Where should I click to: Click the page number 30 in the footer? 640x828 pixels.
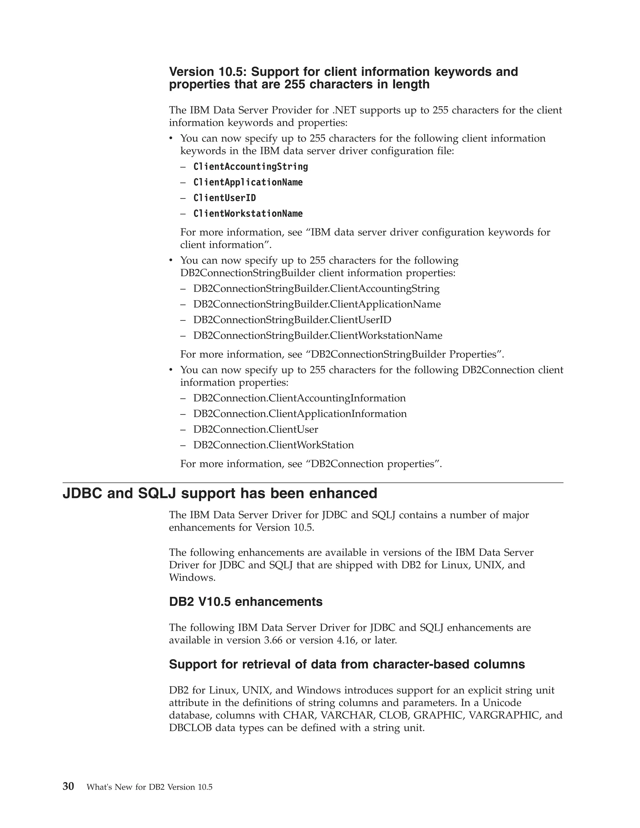coord(68,786)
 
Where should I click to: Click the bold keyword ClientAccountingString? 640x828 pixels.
coord(251,167)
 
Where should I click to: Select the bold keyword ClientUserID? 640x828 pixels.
coord(224,198)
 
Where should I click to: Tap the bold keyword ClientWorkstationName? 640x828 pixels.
coord(248,214)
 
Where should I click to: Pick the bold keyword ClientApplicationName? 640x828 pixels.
coord(248,182)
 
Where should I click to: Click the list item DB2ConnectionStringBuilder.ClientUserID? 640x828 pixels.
coord(292,320)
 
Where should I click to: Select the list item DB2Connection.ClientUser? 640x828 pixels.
coord(256,430)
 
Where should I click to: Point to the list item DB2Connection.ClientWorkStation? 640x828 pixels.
coord(273,445)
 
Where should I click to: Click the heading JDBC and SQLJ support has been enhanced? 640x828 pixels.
coord(220,494)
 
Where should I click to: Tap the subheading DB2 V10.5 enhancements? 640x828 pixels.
coord(246,602)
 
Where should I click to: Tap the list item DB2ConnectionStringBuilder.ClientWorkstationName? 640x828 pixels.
coord(318,336)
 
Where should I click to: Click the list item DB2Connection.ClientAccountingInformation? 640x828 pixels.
coord(299,398)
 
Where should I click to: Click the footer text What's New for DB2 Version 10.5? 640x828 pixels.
coord(149,787)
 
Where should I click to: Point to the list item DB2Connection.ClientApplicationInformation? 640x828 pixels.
coord(300,414)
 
